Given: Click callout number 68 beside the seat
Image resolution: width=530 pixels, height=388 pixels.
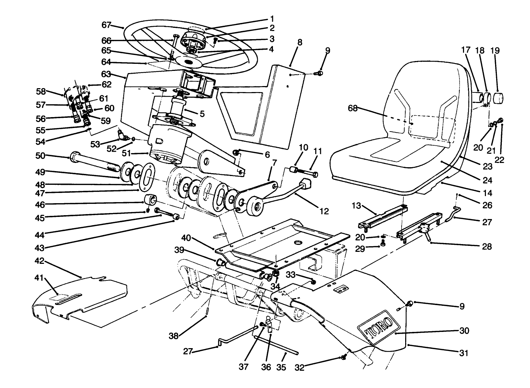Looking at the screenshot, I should (353, 108).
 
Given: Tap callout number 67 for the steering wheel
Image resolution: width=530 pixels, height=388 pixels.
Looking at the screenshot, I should (106, 25).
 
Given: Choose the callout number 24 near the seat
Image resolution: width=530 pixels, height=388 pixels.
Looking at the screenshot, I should (487, 180).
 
